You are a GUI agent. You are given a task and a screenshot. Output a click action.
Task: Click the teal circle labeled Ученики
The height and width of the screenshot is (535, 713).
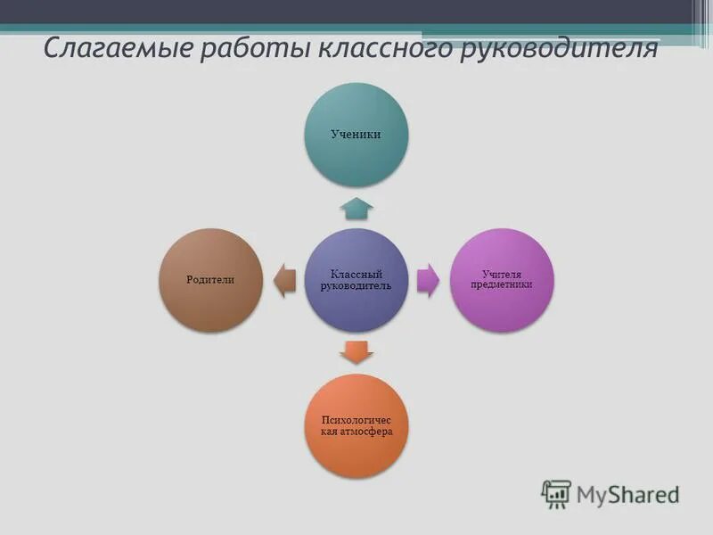(357, 134)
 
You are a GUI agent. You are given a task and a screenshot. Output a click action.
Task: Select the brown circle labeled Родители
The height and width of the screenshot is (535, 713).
(211, 280)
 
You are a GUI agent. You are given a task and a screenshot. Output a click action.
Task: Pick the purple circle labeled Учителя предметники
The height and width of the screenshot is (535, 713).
(502, 280)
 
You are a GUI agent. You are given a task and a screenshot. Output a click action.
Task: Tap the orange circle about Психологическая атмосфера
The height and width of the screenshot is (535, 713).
(357, 425)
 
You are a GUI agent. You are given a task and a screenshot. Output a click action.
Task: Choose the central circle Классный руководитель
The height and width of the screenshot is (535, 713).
(357, 280)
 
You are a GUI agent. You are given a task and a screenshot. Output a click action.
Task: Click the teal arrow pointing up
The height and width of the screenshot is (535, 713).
(357, 208)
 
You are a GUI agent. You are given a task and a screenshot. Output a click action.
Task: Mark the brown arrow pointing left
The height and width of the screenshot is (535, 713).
(284, 280)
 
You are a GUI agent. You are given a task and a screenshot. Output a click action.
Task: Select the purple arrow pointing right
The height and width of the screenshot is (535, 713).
(429, 280)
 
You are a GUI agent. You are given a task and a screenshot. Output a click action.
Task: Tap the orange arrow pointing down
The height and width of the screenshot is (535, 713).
(357, 351)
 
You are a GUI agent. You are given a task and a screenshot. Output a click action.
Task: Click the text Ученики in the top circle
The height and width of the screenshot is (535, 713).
(357, 134)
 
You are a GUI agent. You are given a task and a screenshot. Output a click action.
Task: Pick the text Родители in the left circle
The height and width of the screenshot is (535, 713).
(210, 279)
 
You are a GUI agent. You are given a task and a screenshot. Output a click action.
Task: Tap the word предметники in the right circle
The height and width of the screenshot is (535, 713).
(502, 285)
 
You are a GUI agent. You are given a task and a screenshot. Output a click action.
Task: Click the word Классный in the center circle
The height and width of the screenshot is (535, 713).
(356, 275)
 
